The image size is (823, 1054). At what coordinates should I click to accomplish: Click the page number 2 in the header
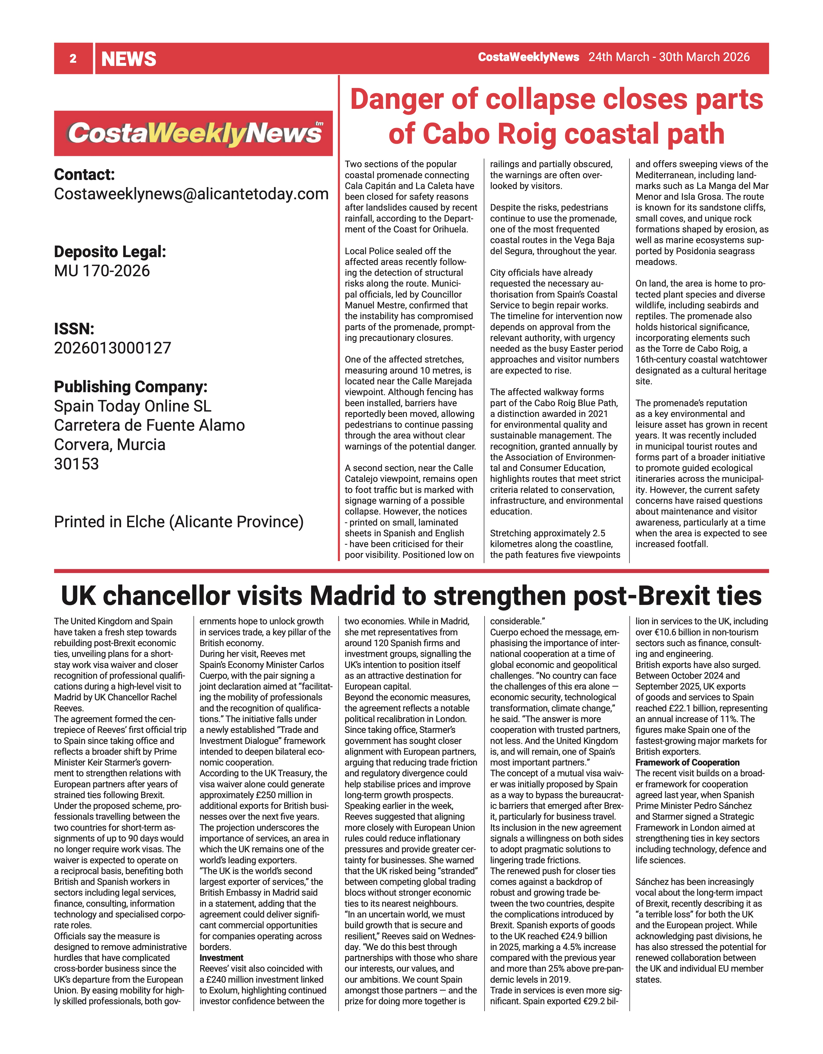click(x=73, y=59)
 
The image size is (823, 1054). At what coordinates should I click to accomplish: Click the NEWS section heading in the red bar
click(x=129, y=59)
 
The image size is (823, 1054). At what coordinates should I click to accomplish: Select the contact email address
click(x=191, y=194)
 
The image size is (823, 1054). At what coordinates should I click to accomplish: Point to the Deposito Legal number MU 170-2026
click(x=102, y=271)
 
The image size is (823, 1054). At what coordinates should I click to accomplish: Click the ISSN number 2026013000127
click(x=112, y=348)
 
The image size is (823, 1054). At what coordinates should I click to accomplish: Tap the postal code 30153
click(x=76, y=464)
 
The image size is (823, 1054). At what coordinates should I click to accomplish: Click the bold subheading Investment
click(x=221, y=957)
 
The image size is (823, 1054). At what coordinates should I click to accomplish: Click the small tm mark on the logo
click(x=319, y=124)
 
